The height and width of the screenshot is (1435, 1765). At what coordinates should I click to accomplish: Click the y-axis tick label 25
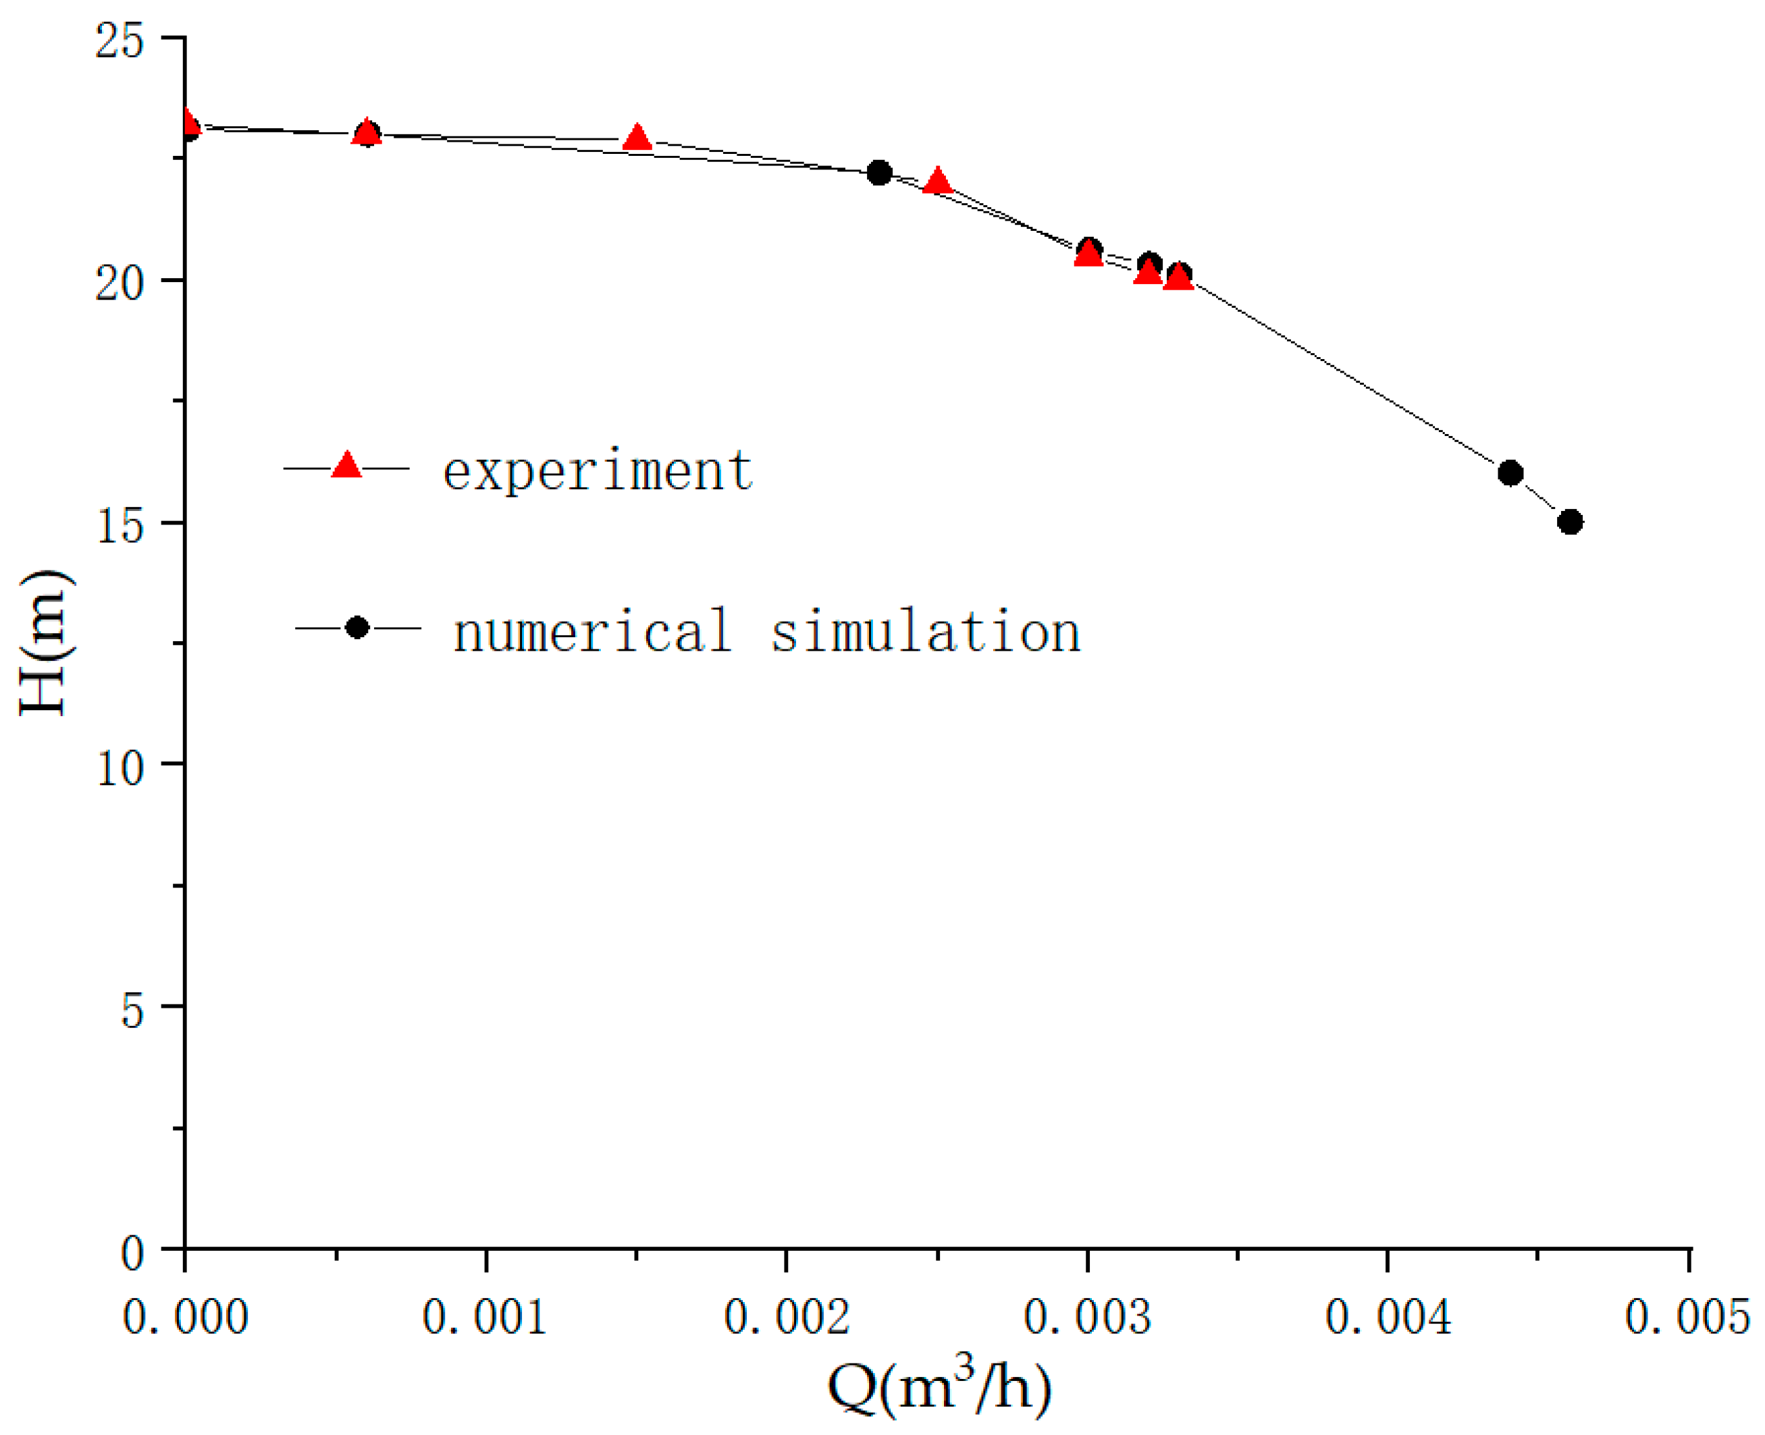(120, 40)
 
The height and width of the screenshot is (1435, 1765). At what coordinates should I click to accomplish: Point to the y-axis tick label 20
(120, 283)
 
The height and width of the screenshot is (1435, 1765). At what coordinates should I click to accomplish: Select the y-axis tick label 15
(120, 526)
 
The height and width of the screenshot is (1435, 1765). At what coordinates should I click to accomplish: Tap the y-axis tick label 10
(120, 767)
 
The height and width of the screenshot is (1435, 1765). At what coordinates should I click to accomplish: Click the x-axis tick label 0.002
(786, 1317)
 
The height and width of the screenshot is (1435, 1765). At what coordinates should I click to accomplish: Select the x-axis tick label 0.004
(1388, 1317)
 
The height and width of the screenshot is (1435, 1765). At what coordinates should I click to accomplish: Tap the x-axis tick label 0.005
(1687, 1317)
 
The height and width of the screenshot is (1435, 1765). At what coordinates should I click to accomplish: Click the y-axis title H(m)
(45, 643)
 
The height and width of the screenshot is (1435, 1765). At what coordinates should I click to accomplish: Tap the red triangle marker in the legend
(346, 466)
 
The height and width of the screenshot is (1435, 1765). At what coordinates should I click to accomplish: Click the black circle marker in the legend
(357, 628)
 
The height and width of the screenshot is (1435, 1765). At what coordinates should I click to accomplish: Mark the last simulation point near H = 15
(1570, 522)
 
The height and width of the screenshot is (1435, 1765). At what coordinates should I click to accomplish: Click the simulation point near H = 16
(1510, 473)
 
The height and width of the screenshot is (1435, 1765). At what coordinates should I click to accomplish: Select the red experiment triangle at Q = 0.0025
(937, 181)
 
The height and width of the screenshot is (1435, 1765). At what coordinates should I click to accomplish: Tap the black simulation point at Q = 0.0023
(878, 173)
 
